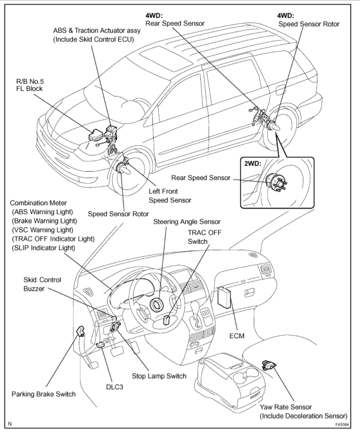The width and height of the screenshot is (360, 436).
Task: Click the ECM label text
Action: pos(237,335)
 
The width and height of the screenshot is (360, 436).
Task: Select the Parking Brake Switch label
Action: pos(43,394)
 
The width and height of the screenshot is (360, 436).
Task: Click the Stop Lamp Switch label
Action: pos(159,376)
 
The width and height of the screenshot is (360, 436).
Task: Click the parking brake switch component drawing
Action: pos(80,331)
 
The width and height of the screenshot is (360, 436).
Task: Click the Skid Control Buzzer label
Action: pos(42,284)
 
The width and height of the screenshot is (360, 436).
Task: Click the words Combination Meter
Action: pos(38,203)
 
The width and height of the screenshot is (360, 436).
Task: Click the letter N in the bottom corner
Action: pos(10,424)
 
